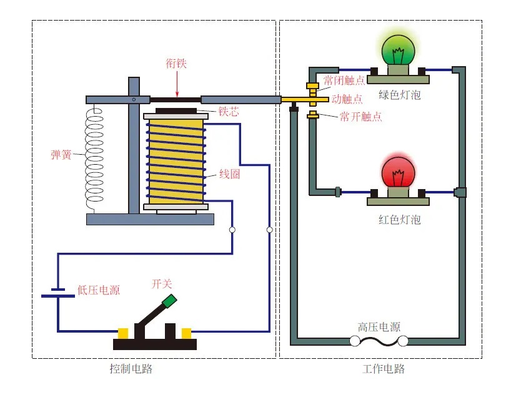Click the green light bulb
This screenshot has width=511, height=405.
pyautogui.click(x=397, y=52)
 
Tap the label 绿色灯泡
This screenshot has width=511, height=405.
pyautogui.click(x=400, y=95)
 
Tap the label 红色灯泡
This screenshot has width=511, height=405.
pyautogui.click(x=400, y=219)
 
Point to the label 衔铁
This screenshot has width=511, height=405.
pyautogui.click(x=176, y=63)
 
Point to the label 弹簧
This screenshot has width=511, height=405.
pyautogui.click(x=61, y=154)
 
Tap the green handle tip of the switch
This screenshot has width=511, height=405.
pyautogui.click(x=169, y=301)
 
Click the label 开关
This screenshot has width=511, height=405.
pyautogui.click(x=162, y=284)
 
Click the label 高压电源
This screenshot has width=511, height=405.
pyautogui.click(x=379, y=327)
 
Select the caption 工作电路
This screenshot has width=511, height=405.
pyautogui.click(x=384, y=368)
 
